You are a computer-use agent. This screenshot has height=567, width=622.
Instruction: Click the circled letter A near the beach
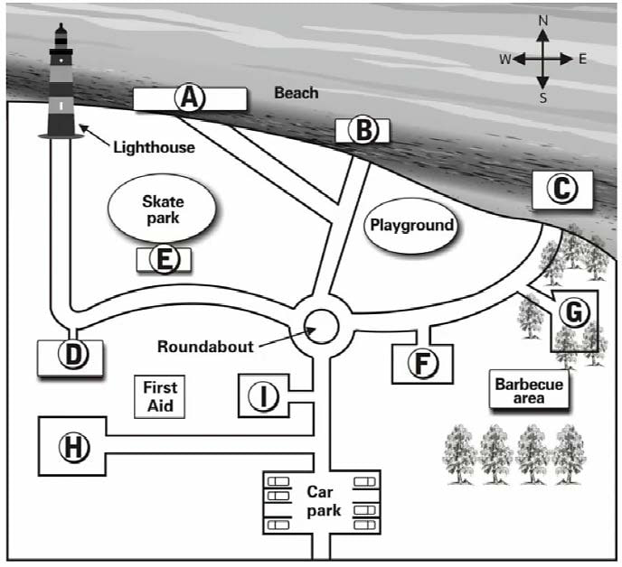pyautogui.click(x=189, y=98)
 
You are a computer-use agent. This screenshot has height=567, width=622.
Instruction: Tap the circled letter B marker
pyautogui.click(x=363, y=131)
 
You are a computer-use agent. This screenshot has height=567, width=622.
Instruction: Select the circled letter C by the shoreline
pyautogui.click(x=561, y=189)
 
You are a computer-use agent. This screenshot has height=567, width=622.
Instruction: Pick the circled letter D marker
pyautogui.click(x=71, y=356)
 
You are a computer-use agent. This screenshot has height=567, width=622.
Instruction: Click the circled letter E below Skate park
pyautogui.click(x=164, y=259)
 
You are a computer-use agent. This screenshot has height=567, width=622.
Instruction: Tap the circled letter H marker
pyautogui.click(x=72, y=445)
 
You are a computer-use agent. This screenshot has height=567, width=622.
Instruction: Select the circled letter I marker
pyautogui.click(x=263, y=396)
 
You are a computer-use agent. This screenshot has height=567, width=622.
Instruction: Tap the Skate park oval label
pyautogui.click(x=163, y=209)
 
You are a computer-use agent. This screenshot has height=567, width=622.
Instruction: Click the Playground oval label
pyautogui.click(x=410, y=225)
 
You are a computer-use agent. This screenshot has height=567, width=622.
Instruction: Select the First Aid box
pyautogui.click(x=160, y=396)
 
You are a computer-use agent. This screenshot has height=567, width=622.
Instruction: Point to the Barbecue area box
pyautogui.click(x=529, y=390)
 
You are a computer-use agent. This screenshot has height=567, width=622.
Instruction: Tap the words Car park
pyautogui.click(x=322, y=502)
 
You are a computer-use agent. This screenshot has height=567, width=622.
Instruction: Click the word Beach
pyautogui.click(x=297, y=93)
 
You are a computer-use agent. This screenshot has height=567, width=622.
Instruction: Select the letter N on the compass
pyautogui.click(x=542, y=20)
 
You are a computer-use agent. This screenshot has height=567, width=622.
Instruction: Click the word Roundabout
pyautogui.click(x=204, y=346)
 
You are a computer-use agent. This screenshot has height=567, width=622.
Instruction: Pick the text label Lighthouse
pyautogui.click(x=154, y=146)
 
